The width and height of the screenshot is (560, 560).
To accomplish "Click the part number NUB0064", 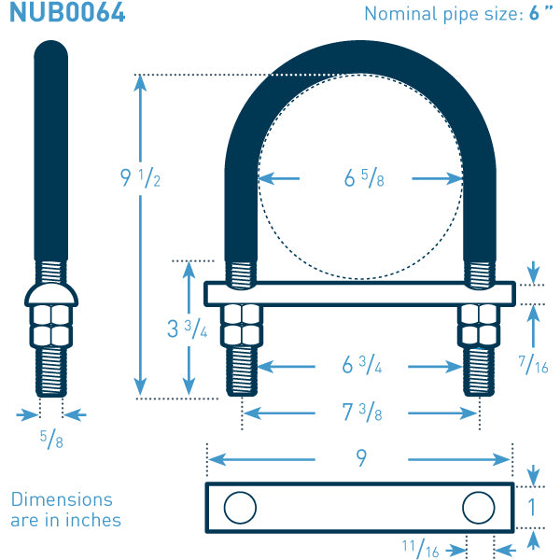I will pos(67,14).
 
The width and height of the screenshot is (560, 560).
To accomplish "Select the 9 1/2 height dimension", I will pos(141,177).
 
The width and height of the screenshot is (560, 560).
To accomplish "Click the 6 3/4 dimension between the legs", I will pos(362,366).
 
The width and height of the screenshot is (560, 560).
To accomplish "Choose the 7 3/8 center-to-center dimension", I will pos(362,413).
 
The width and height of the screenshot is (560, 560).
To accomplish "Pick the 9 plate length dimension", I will pos(359,458).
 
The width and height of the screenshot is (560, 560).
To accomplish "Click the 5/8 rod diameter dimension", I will pos(51,439).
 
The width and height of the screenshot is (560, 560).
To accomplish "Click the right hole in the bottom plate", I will pos(478,507).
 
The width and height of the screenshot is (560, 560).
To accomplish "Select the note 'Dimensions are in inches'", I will pos(65,511).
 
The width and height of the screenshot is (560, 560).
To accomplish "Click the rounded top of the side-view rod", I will pos(51,51).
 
